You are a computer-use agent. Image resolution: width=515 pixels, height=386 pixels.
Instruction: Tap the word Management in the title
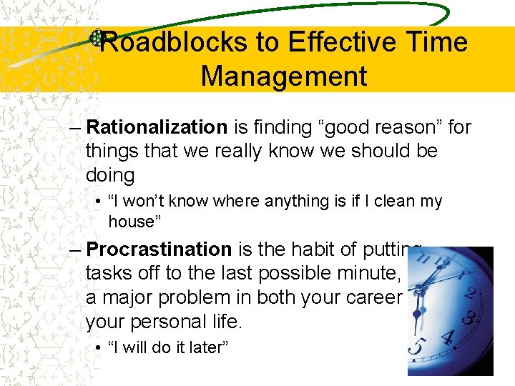284,76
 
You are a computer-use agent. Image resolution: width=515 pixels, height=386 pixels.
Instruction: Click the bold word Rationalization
156,127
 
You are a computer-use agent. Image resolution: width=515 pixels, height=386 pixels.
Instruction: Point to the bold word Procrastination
158,249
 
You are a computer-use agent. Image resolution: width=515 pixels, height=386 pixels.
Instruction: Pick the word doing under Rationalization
109,175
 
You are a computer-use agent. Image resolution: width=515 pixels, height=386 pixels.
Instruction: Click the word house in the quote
131,222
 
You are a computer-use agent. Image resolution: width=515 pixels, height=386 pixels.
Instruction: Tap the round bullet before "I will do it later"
98,348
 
